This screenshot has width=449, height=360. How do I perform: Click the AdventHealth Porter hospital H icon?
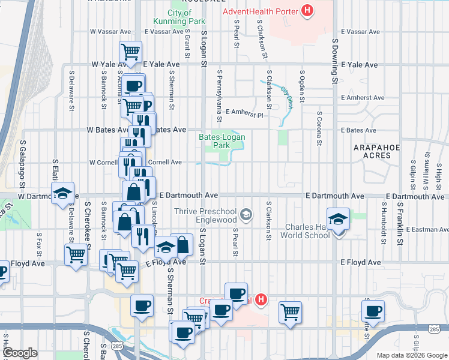tap(307, 10)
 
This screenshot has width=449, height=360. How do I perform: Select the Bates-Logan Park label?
tap(222, 142)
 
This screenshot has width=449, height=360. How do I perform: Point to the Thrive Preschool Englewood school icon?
tap(246, 214)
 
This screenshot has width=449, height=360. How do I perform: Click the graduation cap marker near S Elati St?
tap(62, 193)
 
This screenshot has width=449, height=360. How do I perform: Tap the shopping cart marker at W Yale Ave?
tap(130, 52)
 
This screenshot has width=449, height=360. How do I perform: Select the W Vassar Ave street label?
tap(110, 31)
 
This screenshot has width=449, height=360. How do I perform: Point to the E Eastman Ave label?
tap(427, 230)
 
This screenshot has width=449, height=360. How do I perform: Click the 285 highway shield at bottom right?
tap(433, 329)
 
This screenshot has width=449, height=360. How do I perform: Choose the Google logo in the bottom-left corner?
tap(20, 353)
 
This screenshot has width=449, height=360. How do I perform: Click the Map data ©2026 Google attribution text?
tap(411, 355)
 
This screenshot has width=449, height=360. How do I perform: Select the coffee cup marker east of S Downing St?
tap(373, 311)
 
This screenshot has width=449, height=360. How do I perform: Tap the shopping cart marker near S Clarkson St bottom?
tap(291, 311)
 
